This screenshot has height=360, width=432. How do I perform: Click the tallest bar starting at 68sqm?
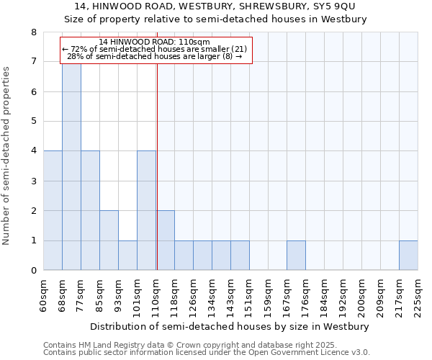(71, 166)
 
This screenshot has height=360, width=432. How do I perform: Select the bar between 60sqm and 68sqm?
(53, 210)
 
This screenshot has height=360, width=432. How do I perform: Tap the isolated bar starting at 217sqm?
(408, 256)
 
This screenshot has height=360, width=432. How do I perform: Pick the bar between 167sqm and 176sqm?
(296, 256)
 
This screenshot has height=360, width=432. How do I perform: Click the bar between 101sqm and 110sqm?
(146, 210)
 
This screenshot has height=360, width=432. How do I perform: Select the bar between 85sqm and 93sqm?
(109, 240)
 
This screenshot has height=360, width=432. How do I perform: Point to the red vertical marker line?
(156, 180)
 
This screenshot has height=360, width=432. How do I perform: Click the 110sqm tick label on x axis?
(156, 295)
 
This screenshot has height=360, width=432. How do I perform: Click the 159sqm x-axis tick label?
(269, 295)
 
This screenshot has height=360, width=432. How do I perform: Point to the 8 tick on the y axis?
(33, 32)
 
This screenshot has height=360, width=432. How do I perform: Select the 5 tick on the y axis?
(33, 122)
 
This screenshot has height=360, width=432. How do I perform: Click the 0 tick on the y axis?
(33, 271)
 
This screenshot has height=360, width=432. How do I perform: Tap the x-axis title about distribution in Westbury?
(230, 326)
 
